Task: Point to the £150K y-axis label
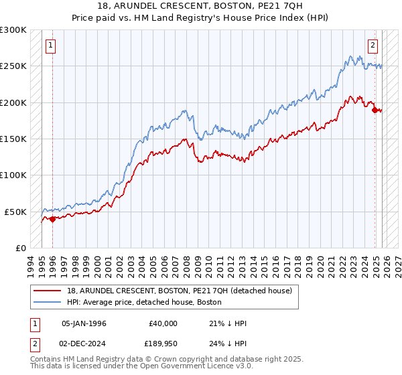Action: click(x=13, y=139)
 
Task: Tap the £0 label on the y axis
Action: click(x=20, y=248)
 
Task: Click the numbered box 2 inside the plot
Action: click(x=373, y=46)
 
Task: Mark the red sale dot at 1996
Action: click(x=52, y=219)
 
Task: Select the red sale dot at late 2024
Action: click(x=375, y=110)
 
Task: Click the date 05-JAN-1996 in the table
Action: click(x=84, y=323)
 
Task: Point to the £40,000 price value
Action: click(x=162, y=323)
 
